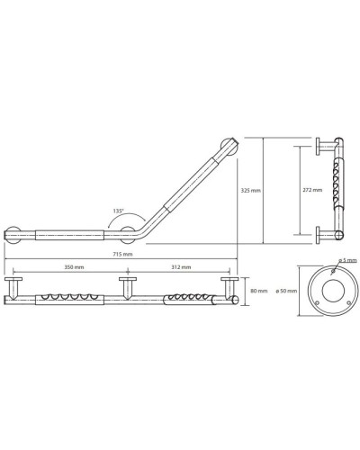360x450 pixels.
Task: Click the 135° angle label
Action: click(x=119, y=211)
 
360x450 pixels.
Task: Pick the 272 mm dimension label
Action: click(x=312, y=191)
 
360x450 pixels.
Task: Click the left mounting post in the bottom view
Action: click(x=15, y=288)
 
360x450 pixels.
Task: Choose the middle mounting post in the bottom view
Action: click(x=128, y=288)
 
